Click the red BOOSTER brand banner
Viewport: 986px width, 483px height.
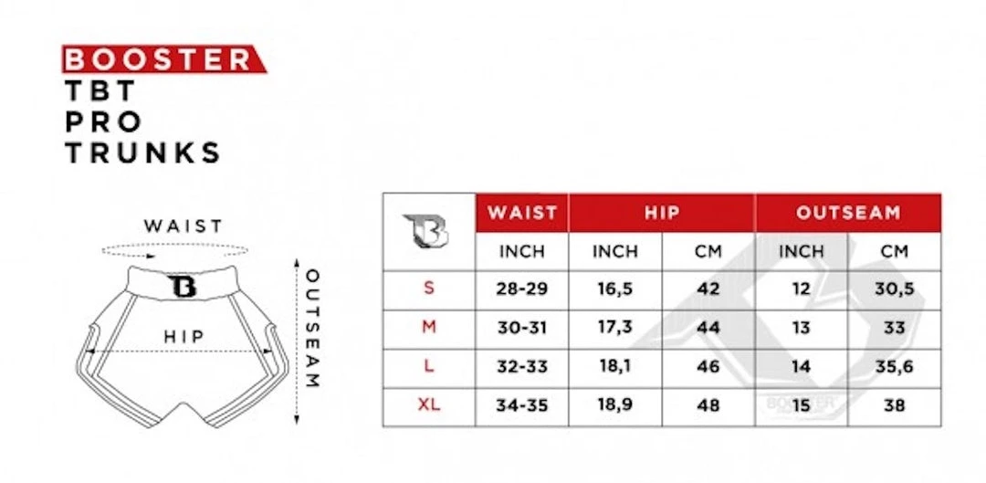pyautogui.click(x=164, y=59)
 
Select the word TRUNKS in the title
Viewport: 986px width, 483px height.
pyautogui.click(x=143, y=152)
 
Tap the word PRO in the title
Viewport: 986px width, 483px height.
pyautogui.click(x=103, y=122)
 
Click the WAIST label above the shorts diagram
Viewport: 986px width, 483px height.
pyautogui.click(x=183, y=226)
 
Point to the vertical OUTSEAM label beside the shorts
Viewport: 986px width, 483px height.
pyautogui.click(x=312, y=329)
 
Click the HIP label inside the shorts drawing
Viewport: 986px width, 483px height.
pyautogui.click(x=184, y=337)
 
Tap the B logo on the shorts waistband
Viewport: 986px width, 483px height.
pyautogui.click(x=183, y=286)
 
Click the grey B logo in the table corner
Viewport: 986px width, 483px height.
pyautogui.click(x=426, y=231)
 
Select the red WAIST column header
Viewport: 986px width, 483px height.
pyautogui.click(x=522, y=213)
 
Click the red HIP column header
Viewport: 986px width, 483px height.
pyautogui.click(x=662, y=213)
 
